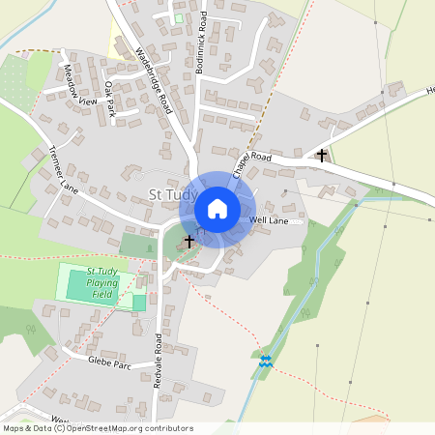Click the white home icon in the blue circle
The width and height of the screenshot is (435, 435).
(x=217, y=209)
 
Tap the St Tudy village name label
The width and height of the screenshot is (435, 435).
(x=173, y=195)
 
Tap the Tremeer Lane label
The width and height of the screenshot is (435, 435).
(x=62, y=168)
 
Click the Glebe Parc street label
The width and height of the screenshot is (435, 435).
(x=108, y=363)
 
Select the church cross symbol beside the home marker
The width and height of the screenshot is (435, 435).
(x=188, y=240)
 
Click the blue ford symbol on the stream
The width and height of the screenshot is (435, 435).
(x=265, y=361)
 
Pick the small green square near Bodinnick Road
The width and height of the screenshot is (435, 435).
(x=178, y=17)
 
